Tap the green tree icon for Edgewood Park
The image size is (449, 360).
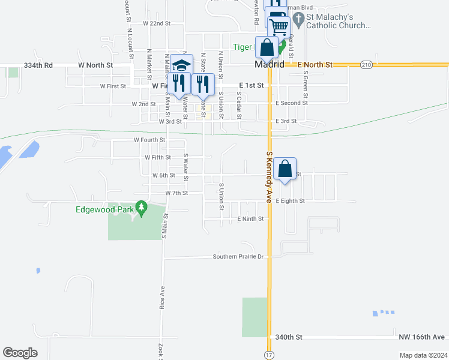(142, 208)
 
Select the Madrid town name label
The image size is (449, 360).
(268, 64)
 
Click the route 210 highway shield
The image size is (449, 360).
(366, 64)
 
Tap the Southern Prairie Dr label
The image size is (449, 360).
(238, 257)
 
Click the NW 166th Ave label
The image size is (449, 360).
(422, 337)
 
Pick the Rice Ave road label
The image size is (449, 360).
(162, 298)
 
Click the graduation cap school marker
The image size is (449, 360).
(182, 65)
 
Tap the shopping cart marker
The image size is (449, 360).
(279, 26)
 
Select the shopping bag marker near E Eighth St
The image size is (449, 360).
(286, 169)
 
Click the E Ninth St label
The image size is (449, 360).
(250, 219)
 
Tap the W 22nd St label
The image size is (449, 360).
(157, 23)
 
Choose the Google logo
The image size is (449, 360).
(20, 352)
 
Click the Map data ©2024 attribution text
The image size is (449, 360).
(422, 355)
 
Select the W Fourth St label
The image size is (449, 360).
(148, 140)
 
